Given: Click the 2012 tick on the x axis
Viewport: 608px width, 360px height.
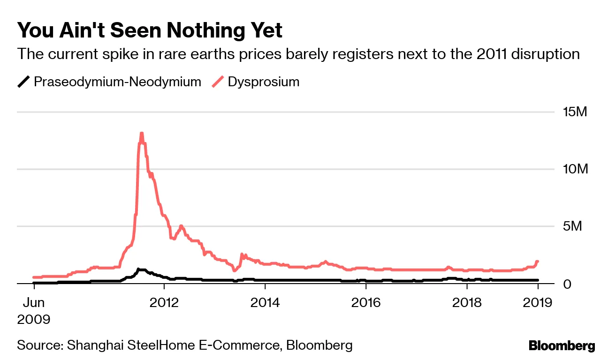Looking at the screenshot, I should [164, 302].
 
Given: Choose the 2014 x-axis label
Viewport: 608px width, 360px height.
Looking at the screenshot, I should [265, 302].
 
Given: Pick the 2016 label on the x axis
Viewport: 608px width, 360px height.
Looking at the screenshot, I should [366, 302].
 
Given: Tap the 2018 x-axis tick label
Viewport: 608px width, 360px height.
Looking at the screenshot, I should [467, 302].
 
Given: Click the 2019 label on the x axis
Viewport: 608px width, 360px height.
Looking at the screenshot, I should [538, 302].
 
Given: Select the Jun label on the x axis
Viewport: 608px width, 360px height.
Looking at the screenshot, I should [34, 302].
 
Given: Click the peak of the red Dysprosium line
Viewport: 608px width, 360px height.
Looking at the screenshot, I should [141, 133].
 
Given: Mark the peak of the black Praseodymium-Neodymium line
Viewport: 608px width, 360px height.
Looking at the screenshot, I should [138, 269].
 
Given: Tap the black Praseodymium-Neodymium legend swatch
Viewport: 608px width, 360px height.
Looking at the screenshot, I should [24, 82].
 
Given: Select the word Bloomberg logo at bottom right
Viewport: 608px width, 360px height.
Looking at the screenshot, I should [562, 346].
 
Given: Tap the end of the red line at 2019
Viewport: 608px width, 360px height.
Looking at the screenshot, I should [538, 261].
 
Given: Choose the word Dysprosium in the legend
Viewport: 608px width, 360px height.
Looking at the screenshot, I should [264, 82].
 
